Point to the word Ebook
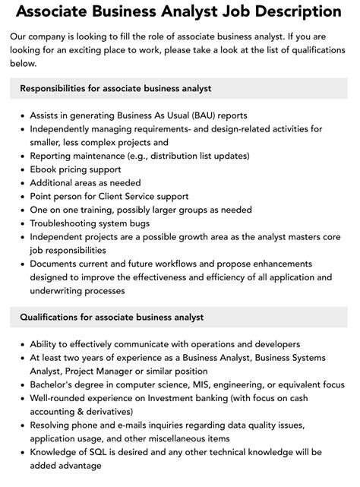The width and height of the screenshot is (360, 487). (45, 169)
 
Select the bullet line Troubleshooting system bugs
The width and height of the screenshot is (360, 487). (90, 223)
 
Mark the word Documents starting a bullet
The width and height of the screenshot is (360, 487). (57, 263)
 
